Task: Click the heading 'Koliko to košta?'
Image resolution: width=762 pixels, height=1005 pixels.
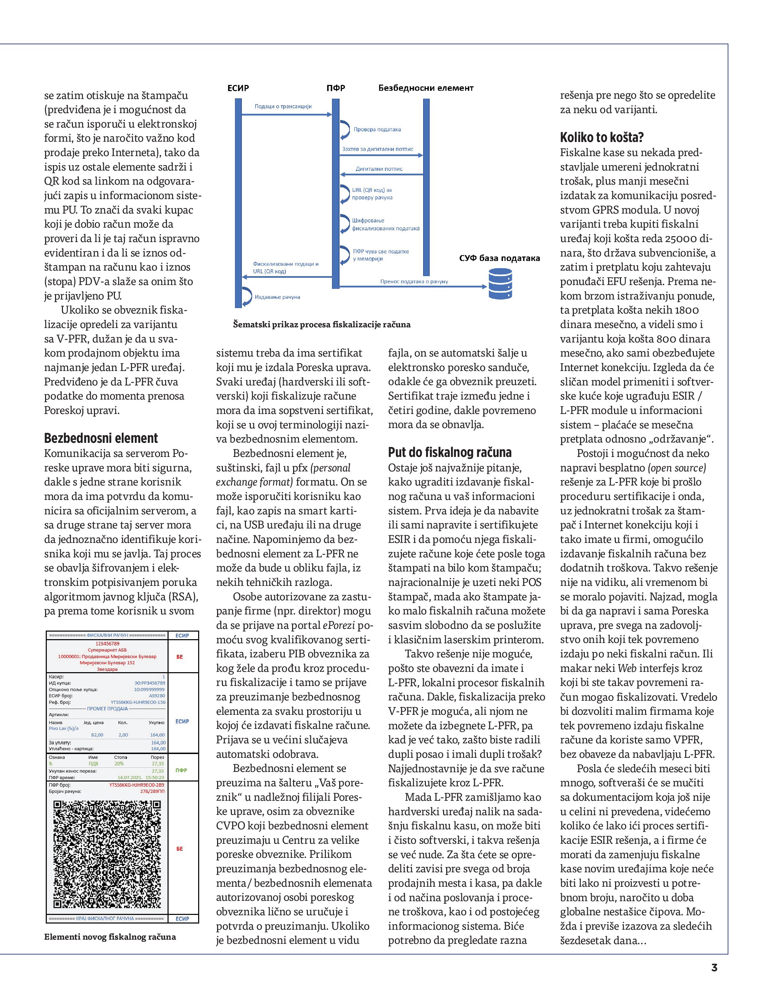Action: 601,137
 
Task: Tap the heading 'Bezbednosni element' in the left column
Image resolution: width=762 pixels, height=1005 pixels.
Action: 101,438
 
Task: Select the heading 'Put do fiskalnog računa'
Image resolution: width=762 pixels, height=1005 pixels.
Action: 450,452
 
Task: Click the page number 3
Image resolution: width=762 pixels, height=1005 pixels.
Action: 714,967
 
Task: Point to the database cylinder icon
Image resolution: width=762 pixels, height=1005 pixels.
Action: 500,284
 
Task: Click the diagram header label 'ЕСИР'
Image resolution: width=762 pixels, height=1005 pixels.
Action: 238,88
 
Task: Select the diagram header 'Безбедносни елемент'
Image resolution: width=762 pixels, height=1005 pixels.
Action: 426,88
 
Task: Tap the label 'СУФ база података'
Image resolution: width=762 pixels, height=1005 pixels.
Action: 499,258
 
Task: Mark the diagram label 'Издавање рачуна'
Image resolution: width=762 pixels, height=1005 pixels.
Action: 277,297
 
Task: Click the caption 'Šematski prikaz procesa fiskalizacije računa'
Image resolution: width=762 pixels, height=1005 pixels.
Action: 321,325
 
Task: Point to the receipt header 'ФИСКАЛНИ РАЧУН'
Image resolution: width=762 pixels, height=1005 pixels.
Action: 107,635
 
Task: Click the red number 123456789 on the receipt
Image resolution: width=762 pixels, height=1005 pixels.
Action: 107,643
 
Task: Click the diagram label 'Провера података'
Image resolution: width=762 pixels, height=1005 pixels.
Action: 377,130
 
